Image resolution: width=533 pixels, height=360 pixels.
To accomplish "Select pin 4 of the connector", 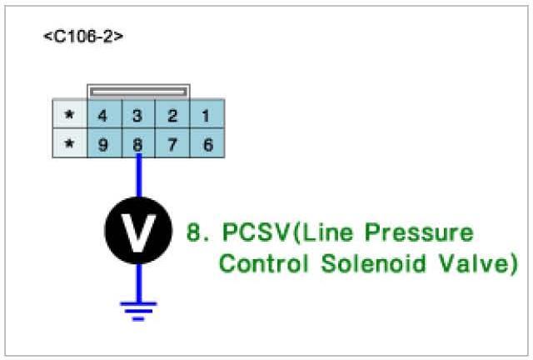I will [x=103, y=115].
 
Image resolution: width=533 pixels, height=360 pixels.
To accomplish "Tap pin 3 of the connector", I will [x=138, y=115].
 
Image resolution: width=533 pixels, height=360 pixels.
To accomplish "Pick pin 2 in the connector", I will [x=172, y=115].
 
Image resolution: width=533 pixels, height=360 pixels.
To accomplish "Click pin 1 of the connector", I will [x=207, y=115].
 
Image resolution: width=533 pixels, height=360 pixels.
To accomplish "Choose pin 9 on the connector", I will [x=103, y=144].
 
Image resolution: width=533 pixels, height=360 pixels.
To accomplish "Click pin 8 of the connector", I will [x=138, y=144].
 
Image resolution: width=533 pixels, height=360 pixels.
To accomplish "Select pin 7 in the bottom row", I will [x=172, y=144].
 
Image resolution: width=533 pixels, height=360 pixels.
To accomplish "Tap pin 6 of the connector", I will [x=207, y=144].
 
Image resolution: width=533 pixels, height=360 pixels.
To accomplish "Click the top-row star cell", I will [x=69, y=115].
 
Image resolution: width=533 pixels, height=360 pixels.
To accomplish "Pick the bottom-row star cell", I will [x=69, y=144].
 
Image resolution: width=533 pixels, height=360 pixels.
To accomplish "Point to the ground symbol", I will [x=138, y=310].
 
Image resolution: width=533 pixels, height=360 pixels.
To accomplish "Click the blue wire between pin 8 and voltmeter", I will [x=138, y=177].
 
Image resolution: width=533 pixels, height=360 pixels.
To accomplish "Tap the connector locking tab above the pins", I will [x=139, y=90].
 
